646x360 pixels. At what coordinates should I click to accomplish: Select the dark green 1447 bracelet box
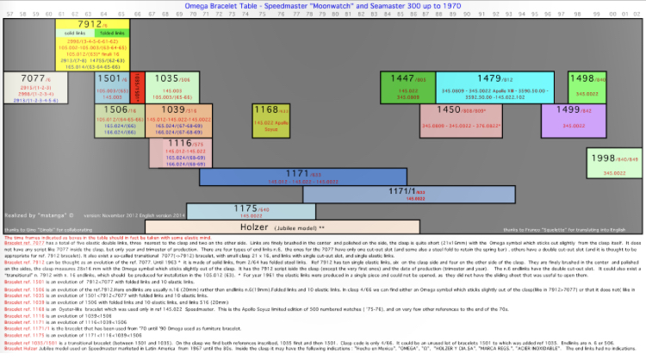(407, 87)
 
